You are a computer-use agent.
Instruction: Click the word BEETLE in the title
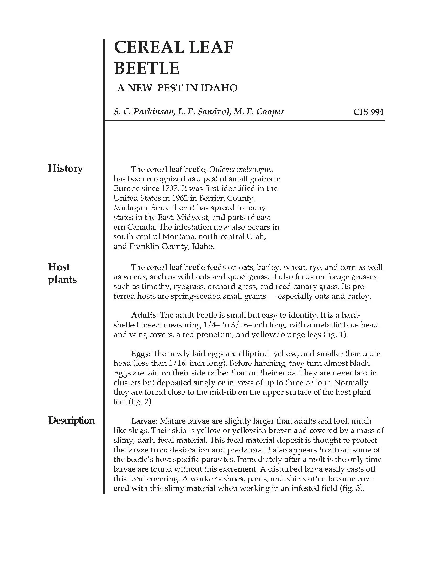(147, 68)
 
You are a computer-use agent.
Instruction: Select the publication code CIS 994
(368, 112)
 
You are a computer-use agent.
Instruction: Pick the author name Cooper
(270, 112)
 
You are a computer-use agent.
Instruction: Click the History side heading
(65, 168)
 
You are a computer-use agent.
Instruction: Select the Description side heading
(71, 420)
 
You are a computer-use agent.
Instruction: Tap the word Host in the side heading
(59, 267)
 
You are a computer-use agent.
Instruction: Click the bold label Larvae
(144, 421)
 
